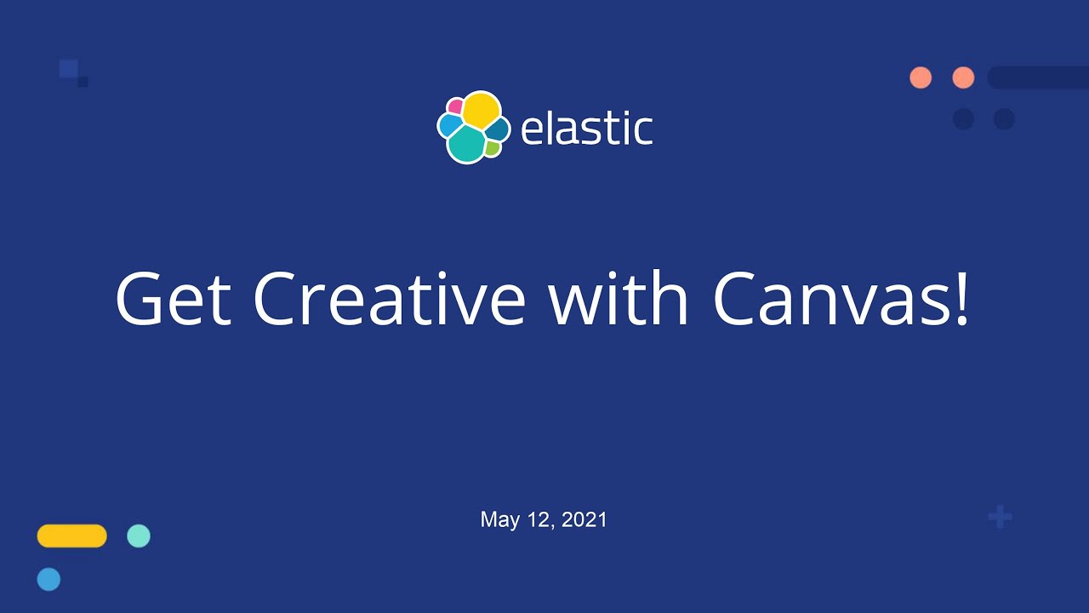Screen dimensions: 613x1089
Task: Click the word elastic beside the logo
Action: pyautogui.click(x=586, y=129)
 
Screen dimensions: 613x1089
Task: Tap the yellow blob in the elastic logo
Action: pyautogui.click(x=481, y=110)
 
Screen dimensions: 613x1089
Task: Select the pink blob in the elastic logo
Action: pyautogui.click(x=455, y=106)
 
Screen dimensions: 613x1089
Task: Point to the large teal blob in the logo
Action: pyautogui.click(x=465, y=144)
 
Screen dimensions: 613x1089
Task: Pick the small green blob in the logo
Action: pyautogui.click(x=492, y=149)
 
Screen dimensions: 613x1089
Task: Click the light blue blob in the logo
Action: pyautogui.click(x=449, y=125)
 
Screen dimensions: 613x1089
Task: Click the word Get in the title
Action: pyautogui.click(x=174, y=300)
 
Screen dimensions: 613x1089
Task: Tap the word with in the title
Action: pyautogui.click(x=618, y=300)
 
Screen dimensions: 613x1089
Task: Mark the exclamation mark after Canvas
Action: pyautogui.click(x=962, y=298)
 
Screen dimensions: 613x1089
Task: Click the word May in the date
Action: pyautogui.click(x=499, y=519)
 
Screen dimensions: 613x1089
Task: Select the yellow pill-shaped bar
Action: pyautogui.click(x=72, y=536)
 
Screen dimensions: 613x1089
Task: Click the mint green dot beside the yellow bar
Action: pyautogui.click(x=139, y=536)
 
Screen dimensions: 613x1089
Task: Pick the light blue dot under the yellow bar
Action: pyautogui.click(x=48, y=579)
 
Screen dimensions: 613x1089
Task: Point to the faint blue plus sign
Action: pyautogui.click(x=1000, y=516)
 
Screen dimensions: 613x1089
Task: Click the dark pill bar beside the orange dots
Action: pyautogui.click(x=1038, y=77)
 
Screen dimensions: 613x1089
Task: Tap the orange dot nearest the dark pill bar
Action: pyautogui.click(x=963, y=77)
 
